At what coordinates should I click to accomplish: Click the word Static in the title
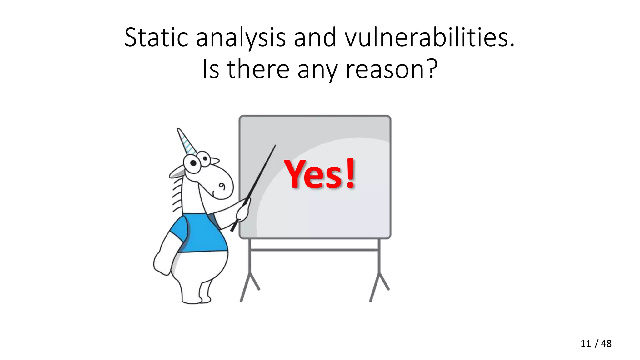pos(156,37)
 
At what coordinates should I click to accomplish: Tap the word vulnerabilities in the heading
pos(429,37)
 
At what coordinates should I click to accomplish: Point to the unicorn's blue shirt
pos(202,233)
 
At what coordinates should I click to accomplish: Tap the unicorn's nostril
pos(222,187)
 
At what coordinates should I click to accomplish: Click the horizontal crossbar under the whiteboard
pos(314,250)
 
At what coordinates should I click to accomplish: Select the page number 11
pos(586,344)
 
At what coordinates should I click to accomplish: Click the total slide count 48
pos(606,344)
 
